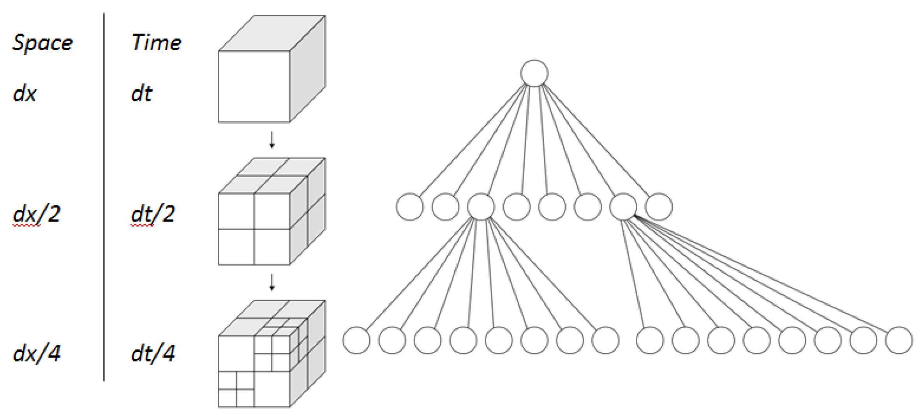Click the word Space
[x=42, y=43]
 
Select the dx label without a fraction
[x=25, y=94]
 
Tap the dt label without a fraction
[x=141, y=94]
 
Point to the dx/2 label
[x=37, y=214]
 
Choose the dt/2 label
[x=153, y=214]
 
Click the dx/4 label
[x=37, y=353]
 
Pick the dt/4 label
[x=153, y=353]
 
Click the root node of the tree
[x=534, y=73]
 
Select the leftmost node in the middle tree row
[x=410, y=207]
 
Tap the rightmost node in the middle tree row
[x=658, y=207]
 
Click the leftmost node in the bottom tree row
[x=356, y=340]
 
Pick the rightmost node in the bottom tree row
[x=899, y=340]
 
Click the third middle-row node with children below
[x=481, y=207]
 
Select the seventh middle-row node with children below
[x=623, y=207]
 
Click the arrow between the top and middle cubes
[x=272, y=140]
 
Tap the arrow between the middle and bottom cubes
[x=272, y=282]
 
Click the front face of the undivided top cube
[x=254, y=86]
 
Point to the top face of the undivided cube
[x=272, y=33]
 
